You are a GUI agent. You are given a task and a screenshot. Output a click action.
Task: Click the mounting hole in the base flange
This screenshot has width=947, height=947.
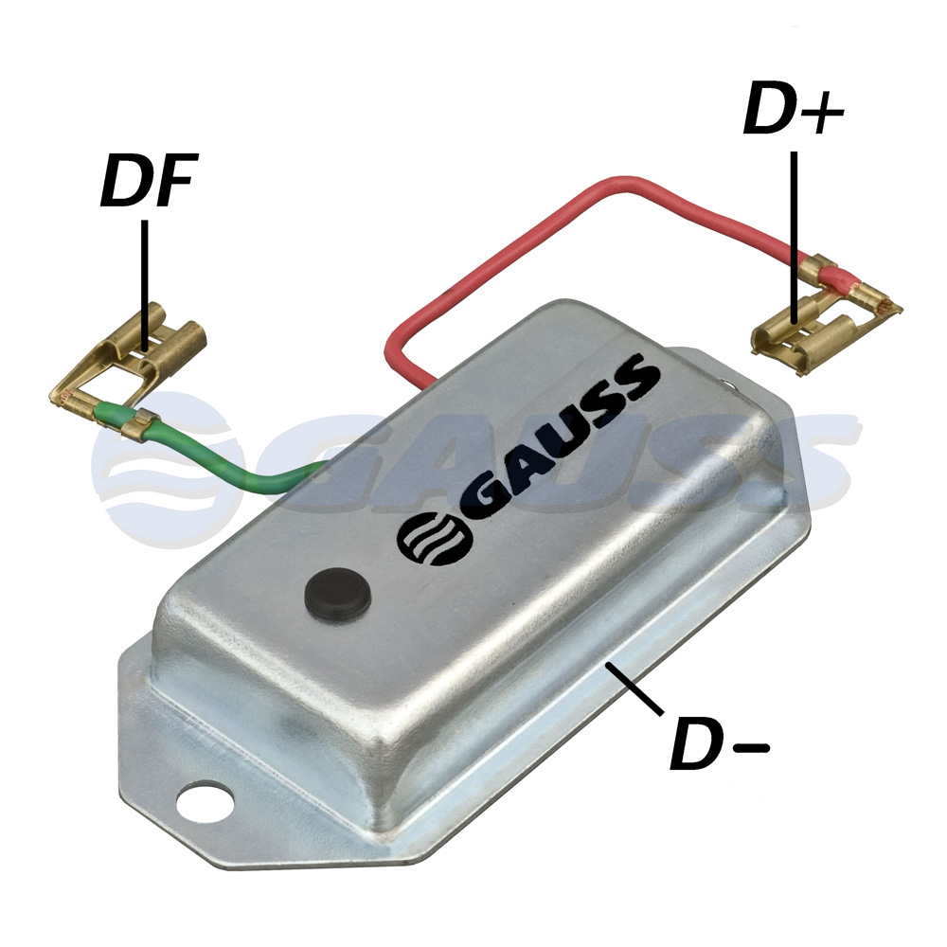(x=205, y=803)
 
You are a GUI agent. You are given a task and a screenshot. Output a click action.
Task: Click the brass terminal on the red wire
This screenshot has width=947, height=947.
(x=828, y=314)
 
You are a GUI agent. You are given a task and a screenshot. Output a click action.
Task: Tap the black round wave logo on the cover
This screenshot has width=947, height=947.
(x=433, y=539)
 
